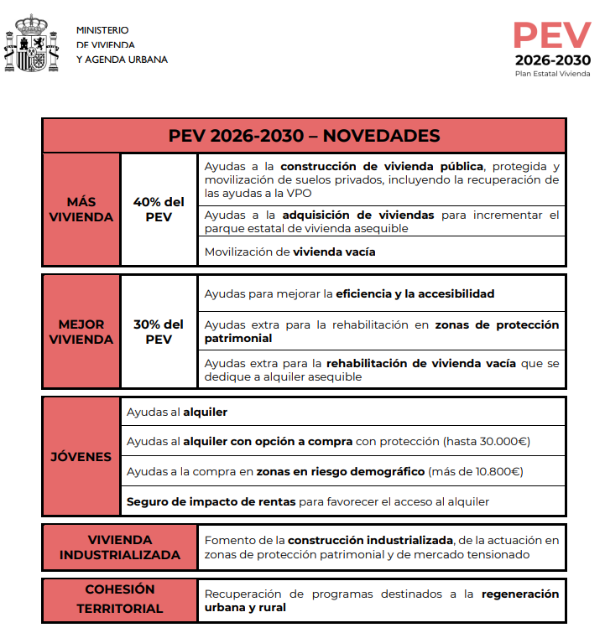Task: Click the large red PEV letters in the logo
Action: (552, 36)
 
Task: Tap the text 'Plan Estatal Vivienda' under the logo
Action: (552, 74)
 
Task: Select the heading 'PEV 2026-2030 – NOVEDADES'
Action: (304, 136)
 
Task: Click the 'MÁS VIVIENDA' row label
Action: (81, 210)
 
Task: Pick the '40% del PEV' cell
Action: (159, 210)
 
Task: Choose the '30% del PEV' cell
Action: (159, 332)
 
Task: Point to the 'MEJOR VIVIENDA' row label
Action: (81, 332)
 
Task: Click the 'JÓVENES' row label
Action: (81, 457)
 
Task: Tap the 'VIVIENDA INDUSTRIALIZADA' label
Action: (119, 547)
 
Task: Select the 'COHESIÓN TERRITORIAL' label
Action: (119, 599)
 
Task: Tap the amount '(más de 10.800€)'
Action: (476, 471)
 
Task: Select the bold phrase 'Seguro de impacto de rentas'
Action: (211, 501)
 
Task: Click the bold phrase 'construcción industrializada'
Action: (371, 540)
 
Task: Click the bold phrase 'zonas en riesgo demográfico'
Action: (341, 471)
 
